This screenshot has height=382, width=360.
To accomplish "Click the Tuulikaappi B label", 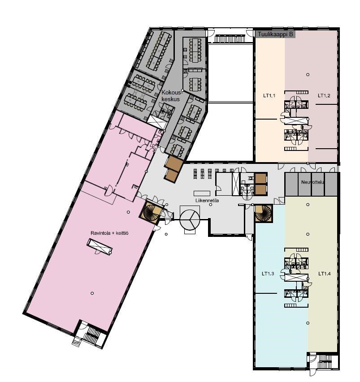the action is click(x=275, y=34).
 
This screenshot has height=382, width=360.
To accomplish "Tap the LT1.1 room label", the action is click(x=269, y=96).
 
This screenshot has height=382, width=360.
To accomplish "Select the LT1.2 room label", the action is click(x=324, y=96).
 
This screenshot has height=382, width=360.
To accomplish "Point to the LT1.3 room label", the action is click(x=268, y=274).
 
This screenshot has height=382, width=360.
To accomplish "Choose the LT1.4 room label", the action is click(x=325, y=274).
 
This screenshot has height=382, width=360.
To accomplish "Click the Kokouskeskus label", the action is click(x=172, y=96).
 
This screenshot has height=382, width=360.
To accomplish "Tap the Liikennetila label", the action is click(x=207, y=201).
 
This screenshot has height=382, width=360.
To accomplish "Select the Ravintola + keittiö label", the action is click(x=109, y=233).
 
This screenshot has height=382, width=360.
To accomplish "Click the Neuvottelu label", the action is click(x=312, y=182).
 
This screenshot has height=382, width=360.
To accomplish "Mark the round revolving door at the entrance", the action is click(x=190, y=219).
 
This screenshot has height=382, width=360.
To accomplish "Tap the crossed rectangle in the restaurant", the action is click(x=100, y=247).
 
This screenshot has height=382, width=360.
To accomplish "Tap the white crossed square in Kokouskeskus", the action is click(x=157, y=121).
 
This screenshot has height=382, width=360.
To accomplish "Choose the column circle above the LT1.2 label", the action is click(x=308, y=74).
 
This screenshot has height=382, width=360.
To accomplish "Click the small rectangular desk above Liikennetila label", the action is click(x=202, y=193).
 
